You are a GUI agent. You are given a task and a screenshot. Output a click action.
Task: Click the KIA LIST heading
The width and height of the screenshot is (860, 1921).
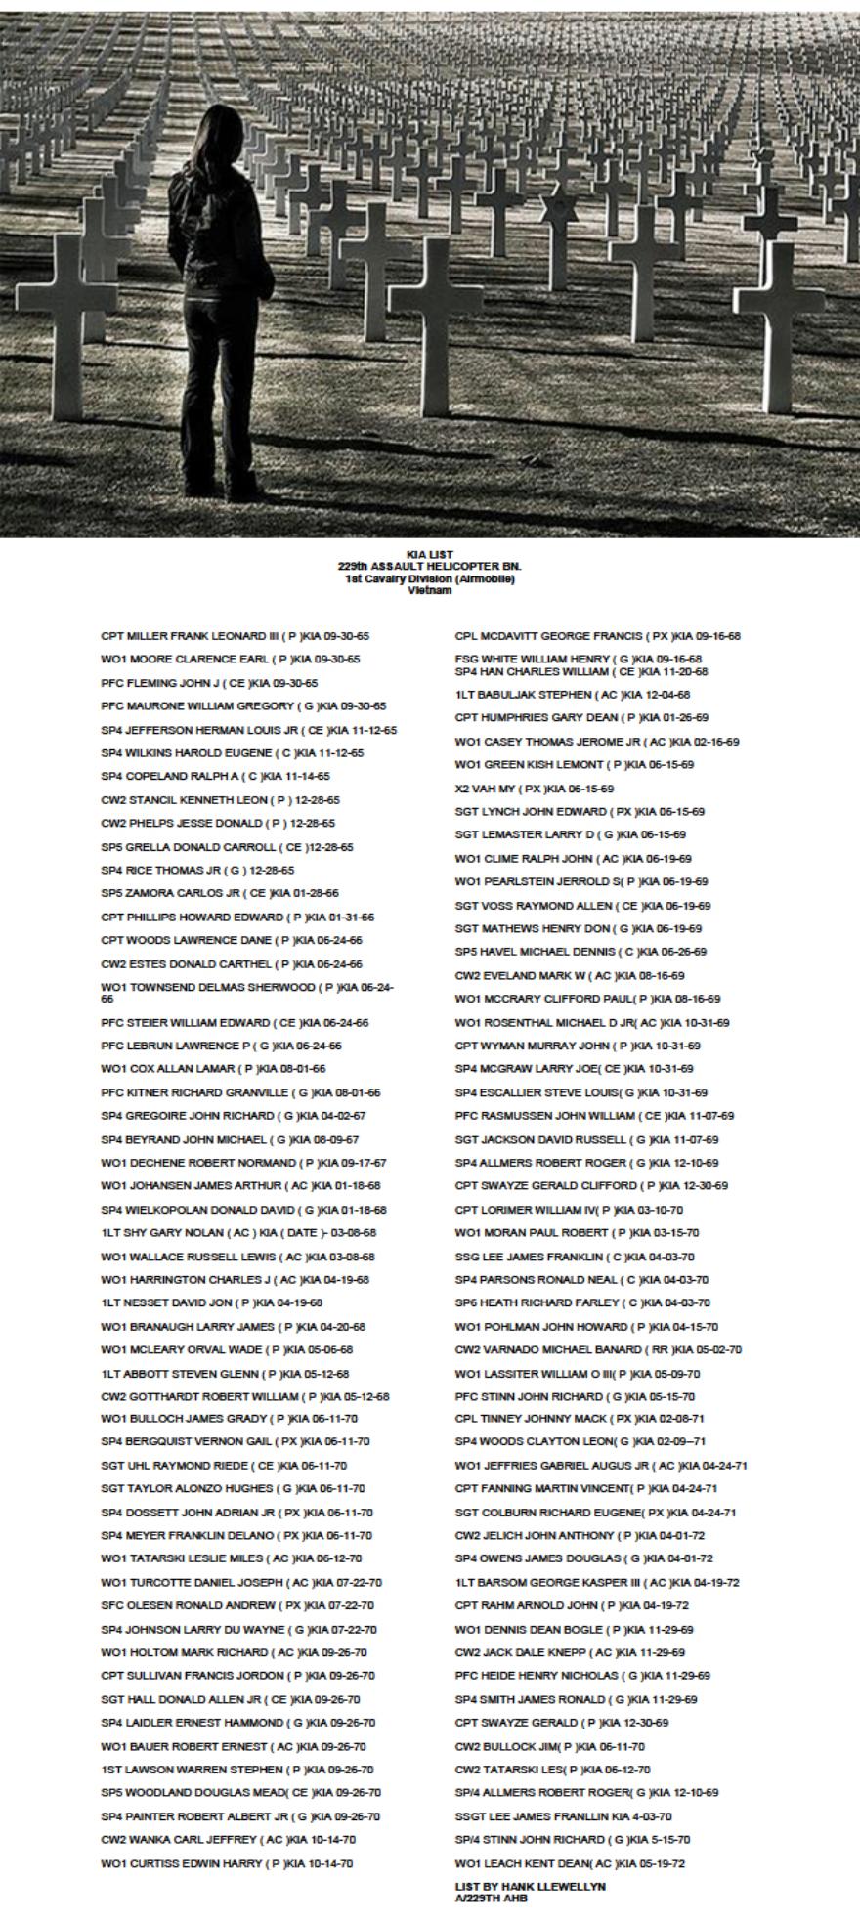430,554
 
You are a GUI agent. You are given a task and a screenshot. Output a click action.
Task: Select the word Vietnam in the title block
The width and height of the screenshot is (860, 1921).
430,590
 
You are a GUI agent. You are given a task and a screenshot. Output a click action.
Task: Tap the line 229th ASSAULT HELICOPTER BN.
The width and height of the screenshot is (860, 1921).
430,566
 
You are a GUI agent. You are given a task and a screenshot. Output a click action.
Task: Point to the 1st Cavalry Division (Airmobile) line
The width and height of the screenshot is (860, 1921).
430,578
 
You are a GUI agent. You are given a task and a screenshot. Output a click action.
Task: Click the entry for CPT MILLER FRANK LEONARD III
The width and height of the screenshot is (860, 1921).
235,636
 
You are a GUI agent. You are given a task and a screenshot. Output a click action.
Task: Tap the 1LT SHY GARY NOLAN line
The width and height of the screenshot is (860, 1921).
238,1233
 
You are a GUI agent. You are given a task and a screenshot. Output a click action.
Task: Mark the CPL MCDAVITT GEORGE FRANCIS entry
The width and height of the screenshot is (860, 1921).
597,636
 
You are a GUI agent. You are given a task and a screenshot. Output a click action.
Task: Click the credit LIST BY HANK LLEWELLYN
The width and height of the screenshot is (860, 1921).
530,1886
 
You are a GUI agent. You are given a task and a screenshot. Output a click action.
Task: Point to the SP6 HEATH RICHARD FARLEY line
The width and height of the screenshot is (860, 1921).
582,1302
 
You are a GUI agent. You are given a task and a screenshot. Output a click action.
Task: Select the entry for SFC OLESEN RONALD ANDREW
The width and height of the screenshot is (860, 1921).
236,1605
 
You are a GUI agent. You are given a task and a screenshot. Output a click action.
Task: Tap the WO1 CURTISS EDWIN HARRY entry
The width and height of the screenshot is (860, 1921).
227,1863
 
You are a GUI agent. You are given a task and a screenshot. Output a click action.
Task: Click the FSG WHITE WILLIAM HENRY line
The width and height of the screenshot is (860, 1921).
578,660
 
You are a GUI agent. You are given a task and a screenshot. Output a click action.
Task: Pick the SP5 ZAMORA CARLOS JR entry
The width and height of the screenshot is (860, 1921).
220,893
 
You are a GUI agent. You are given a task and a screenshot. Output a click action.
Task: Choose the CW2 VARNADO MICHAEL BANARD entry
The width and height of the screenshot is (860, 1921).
598,1349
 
